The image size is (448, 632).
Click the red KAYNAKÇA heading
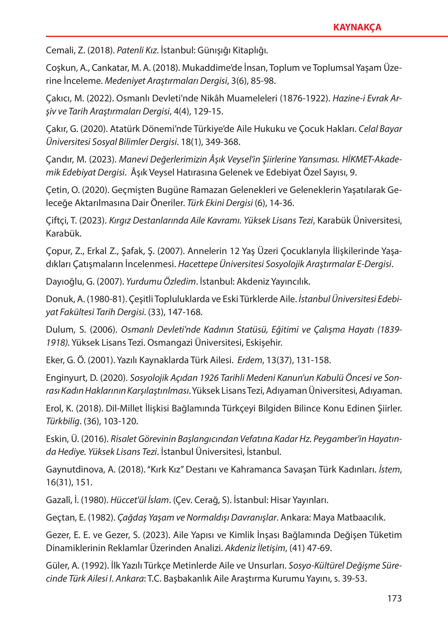click(357, 27)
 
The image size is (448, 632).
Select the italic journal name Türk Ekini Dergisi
click(220, 203)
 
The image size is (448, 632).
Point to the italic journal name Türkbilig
click(63, 421)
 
